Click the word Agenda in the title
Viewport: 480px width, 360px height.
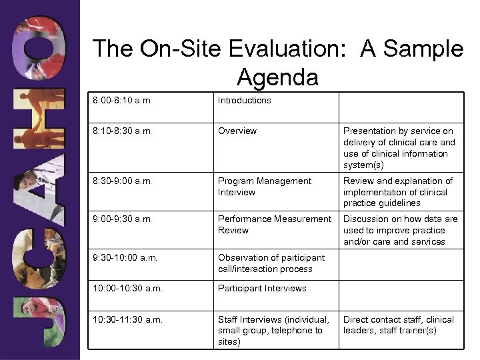pos(277,77)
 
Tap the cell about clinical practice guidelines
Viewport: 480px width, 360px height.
pos(398,192)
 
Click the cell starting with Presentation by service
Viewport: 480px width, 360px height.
pos(399,148)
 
